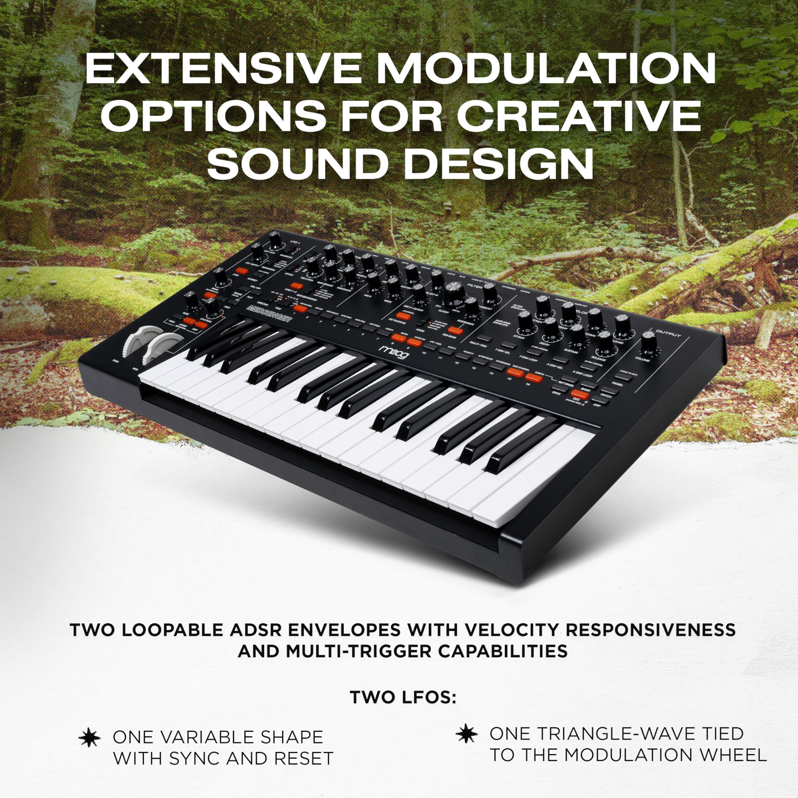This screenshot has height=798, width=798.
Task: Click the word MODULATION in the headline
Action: (x=545, y=68)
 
